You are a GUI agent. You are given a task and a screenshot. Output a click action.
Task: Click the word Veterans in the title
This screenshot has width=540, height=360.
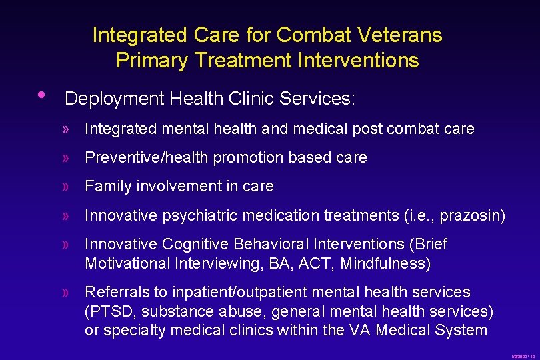pos(405,35)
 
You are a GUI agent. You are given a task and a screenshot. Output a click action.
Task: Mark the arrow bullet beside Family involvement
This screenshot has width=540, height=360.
pos(65,187)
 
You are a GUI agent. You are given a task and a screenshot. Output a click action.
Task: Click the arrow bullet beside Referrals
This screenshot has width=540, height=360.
pos(65,293)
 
